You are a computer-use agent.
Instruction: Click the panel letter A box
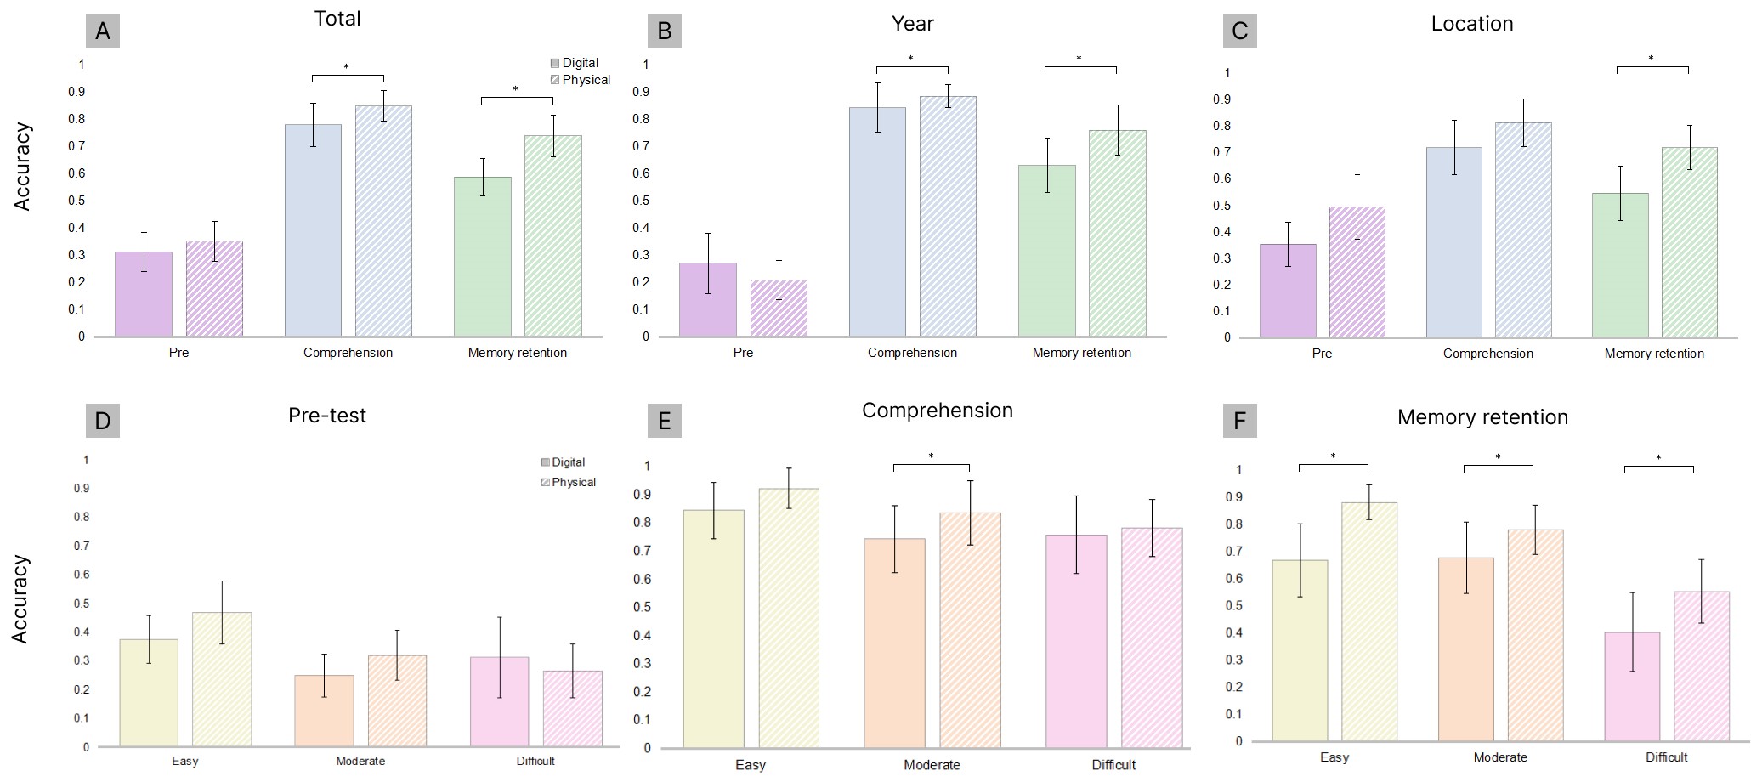103,31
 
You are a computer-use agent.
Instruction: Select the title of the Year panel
912,24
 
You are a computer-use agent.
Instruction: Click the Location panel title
1471,24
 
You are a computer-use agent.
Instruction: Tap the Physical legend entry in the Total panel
581,80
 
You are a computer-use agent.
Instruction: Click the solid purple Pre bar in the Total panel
144,294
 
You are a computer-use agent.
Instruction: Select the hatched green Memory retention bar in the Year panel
1117,233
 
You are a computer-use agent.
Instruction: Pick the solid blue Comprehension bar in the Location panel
1453,242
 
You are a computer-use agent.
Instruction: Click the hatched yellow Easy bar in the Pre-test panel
222,679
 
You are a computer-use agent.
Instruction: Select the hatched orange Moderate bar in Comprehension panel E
970,630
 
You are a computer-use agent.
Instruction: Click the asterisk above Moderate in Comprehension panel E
931,456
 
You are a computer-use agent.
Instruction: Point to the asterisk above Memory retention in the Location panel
1651,59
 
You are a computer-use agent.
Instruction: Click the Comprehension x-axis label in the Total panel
348,353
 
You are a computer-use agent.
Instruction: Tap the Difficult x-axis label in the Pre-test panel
535,761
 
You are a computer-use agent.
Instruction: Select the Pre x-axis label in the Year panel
743,353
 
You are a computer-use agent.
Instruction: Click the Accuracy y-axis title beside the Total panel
22,167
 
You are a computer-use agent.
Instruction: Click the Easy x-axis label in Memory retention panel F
1334,757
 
